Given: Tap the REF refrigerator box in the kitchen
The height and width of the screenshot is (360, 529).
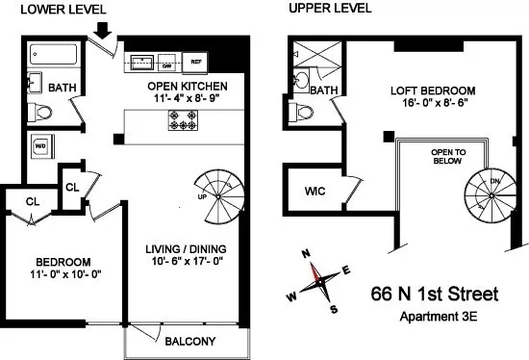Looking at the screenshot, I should click(x=196, y=64).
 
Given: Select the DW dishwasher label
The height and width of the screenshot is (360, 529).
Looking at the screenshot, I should click(x=165, y=64).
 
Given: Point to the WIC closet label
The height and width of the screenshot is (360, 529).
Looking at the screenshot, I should click(x=315, y=192).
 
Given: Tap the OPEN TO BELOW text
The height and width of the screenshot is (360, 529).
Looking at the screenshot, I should click(x=446, y=155).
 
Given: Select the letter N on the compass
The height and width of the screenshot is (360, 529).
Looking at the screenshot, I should click(x=305, y=254).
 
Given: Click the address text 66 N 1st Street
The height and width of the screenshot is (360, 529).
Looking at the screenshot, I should click(x=438, y=293).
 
